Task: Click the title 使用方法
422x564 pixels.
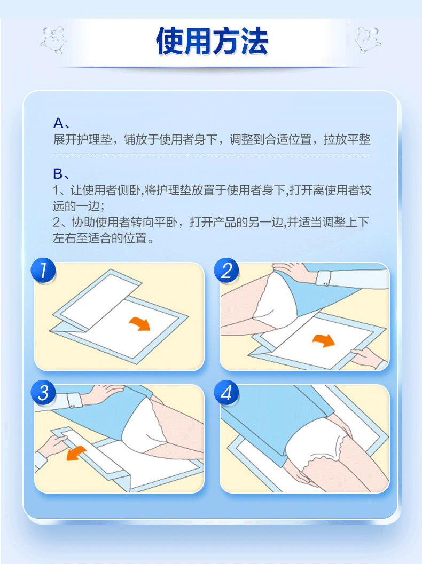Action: (x=212, y=41)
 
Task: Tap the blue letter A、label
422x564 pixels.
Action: (x=61, y=123)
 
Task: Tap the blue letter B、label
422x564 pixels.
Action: (x=61, y=174)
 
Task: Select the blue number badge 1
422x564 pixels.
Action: (x=43, y=270)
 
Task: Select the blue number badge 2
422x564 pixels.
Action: (x=226, y=270)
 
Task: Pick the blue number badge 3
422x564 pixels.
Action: (x=43, y=392)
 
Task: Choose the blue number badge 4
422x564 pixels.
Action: (x=226, y=392)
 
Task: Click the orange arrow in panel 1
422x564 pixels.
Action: (x=140, y=323)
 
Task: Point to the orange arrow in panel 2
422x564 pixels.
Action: (x=324, y=339)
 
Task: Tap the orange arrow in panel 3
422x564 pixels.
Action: (x=76, y=454)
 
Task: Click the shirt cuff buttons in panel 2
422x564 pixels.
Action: (x=325, y=284)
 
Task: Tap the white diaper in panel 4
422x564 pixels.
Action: (x=317, y=442)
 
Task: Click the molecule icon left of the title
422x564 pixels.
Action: (x=53, y=41)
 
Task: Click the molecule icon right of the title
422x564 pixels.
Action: (x=368, y=41)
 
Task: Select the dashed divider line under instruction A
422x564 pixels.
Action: (x=212, y=154)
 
